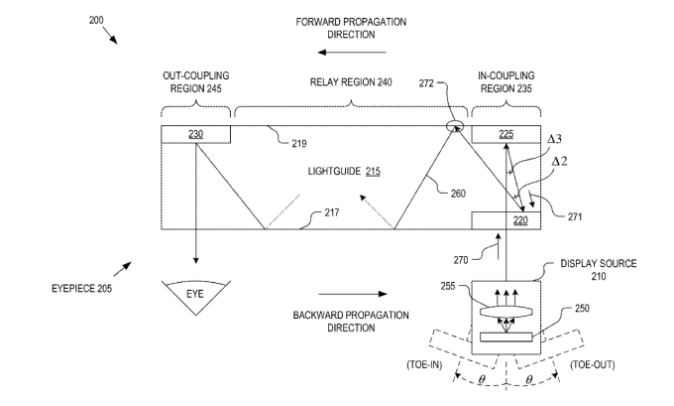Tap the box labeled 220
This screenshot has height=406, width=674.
tap(505, 220)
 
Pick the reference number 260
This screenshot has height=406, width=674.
tap(458, 195)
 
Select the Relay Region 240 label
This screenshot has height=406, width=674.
tap(350, 83)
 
